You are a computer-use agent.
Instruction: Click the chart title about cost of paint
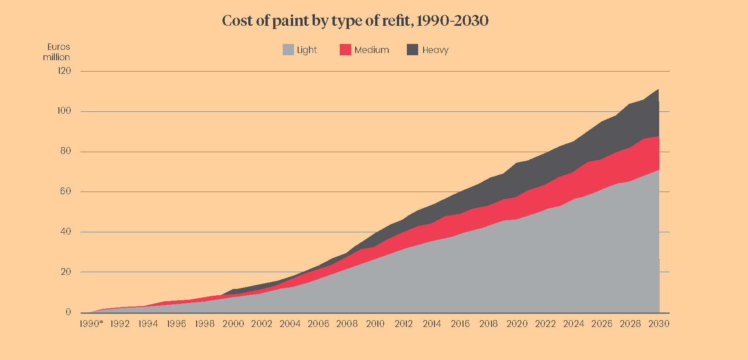(x=355, y=21)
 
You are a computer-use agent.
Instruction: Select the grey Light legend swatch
(x=288, y=50)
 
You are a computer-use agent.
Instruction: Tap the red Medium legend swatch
(x=345, y=50)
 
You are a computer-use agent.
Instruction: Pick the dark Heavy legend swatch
(x=412, y=50)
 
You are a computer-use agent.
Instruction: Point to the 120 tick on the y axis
(x=64, y=71)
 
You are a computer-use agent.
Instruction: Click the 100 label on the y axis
(x=64, y=111)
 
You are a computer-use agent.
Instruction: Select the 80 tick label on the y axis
(x=65, y=151)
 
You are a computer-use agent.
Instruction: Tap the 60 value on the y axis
(x=65, y=191)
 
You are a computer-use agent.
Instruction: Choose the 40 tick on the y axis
(x=65, y=231)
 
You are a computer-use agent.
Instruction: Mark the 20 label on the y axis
(x=65, y=272)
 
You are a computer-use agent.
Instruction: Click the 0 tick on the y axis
(x=68, y=312)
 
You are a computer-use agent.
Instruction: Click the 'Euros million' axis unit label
(x=57, y=52)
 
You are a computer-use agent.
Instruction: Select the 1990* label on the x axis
(x=91, y=324)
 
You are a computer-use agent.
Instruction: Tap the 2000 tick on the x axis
(x=233, y=324)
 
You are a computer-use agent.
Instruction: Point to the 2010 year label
(x=375, y=324)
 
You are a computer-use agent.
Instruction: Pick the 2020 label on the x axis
(x=517, y=324)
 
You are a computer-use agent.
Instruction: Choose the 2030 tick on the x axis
(x=659, y=324)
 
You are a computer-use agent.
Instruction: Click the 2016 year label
(x=460, y=324)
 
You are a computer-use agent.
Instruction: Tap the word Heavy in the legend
(x=435, y=50)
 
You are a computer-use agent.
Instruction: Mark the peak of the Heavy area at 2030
(x=658, y=90)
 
